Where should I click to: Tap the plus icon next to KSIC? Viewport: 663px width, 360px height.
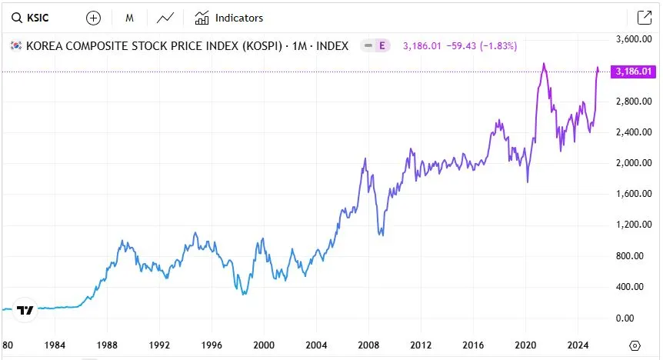pos(93,18)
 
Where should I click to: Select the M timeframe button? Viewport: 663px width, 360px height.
pos(130,18)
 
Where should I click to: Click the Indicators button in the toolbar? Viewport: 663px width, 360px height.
pos(229,18)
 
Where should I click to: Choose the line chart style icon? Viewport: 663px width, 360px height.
pos(165,18)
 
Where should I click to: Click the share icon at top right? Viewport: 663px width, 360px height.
pos(644,18)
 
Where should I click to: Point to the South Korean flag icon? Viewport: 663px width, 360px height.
pos(15,46)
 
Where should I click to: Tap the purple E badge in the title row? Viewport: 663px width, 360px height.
pos(382,46)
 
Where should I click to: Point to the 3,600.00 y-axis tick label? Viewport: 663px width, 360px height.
pos(634,39)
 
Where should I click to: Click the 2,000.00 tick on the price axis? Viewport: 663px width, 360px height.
pos(634,163)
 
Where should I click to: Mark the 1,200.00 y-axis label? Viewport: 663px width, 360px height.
pos(634,225)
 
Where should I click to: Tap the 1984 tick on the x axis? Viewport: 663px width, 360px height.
pos(54,345)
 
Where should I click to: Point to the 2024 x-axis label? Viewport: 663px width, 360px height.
pos(578,345)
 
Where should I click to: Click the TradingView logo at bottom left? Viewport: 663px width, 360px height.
pos(25,310)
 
